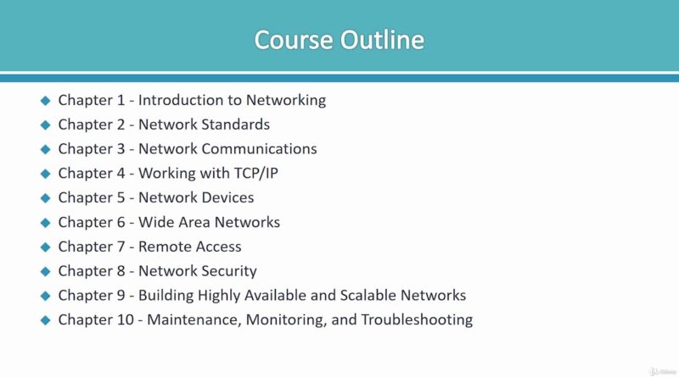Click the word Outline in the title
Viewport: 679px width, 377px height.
pyautogui.click(x=382, y=40)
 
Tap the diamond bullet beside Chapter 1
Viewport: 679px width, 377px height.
pyautogui.click(x=46, y=101)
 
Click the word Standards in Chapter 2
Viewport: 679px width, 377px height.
pyautogui.click(x=238, y=125)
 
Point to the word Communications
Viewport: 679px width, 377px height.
pyautogui.click(x=260, y=149)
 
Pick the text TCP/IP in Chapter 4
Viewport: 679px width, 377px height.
pyautogui.click(x=256, y=174)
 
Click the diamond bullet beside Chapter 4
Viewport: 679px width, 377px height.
pyautogui.click(x=46, y=174)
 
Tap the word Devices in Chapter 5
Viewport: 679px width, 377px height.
pyautogui.click(x=227, y=197)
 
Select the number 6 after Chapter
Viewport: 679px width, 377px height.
pyautogui.click(x=121, y=222)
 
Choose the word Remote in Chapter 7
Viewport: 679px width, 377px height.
pyautogui.click(x=160, y=247)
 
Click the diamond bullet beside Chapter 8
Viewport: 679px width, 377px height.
pyautogui.click(x=46, y=271)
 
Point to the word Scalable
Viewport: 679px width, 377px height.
pyautogui.click(x=368, y=296)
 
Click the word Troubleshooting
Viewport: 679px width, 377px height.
pyautogui.click(x=417, y=320)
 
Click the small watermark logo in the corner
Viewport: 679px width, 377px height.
pyautogui.click(x=662, y=371)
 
